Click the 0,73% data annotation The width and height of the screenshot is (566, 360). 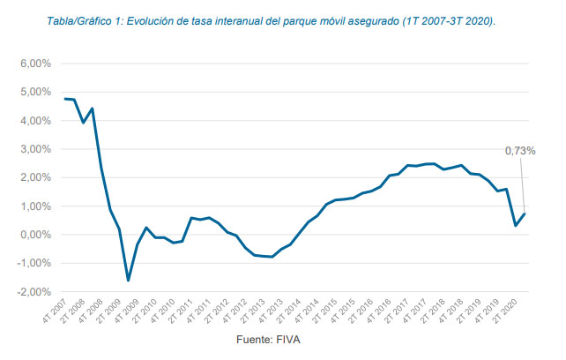coord(520,151)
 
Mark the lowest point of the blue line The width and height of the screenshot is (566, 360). coord(128,281)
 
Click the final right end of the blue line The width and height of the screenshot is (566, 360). coord(525,214)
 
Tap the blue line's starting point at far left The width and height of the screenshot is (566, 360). coord(64,99)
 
